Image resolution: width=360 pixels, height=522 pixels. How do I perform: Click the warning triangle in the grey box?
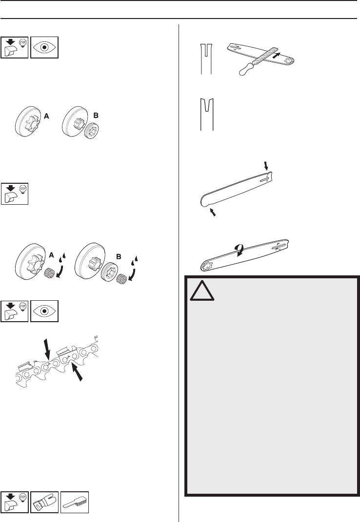pyautogui.click(x=202, y=291)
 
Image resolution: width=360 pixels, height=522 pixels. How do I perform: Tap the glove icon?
pyautogui.click(x=44, y=502)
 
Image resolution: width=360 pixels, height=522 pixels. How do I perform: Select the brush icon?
pyautogui.click(x=74, y=502)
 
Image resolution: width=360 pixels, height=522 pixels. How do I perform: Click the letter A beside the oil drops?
pyautogui.click(x=51, y=255)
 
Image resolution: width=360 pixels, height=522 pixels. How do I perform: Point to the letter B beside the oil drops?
pyautogui.click(x=119, y=257)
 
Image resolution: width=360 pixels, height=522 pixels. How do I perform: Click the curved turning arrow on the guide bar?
pyautogui.click(x=239, y=250)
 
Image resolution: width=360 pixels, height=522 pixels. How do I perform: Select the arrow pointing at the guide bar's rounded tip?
pyautogui.click(x=212, y=212)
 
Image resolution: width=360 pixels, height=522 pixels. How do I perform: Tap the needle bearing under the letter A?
pyautogui.click(x=49, y=273)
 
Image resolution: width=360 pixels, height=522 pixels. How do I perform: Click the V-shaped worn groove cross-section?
pyautogui.click(x=207, y=114)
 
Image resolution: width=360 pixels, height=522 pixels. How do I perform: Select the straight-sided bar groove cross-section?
pyautogui.click(x=207, y=59)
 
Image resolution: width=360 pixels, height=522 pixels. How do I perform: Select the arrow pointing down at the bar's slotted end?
pyautogui.click(x=266, y=165)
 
